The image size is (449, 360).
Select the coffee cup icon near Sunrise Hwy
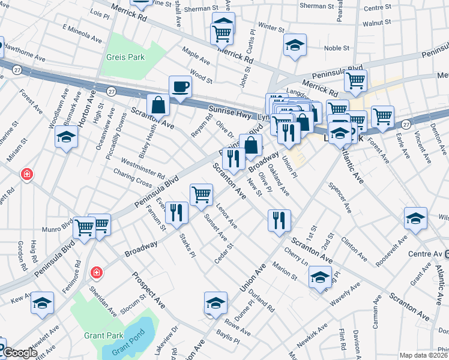coord(180,88)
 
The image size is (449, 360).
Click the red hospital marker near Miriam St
coord(26,175)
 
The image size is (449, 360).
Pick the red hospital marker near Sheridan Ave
coord(95,274)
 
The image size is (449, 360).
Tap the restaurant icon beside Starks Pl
coord(176,213)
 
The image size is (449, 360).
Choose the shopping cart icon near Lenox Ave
coord(201,194)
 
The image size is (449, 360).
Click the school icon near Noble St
coord(295,46)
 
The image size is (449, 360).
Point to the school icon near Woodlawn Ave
coord(65,138)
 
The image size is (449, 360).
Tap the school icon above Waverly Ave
coord(320,278)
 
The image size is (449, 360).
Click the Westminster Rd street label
coord(143,167)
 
